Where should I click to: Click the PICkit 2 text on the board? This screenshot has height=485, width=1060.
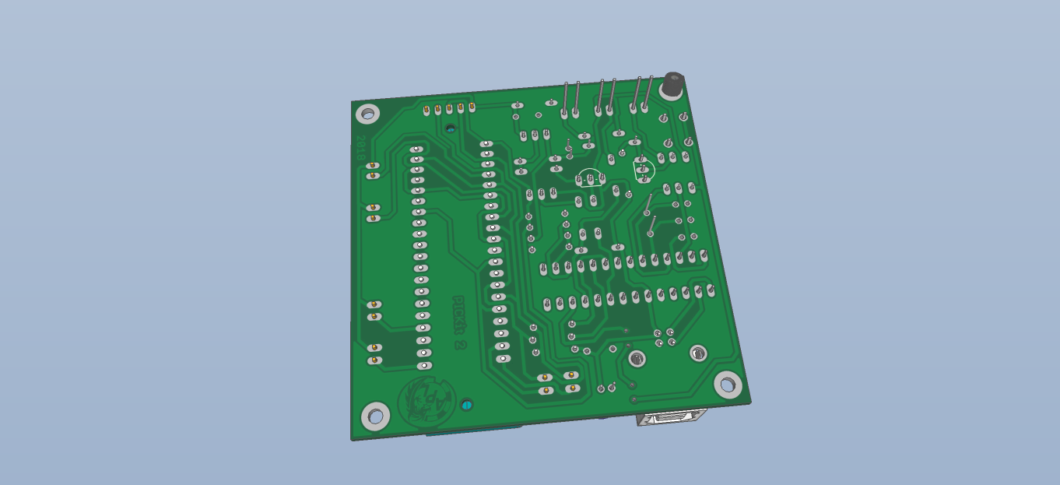coord(458,321)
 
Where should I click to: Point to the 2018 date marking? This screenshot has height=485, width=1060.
coord(360,148)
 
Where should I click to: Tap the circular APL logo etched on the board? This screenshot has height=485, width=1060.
coord(425,402)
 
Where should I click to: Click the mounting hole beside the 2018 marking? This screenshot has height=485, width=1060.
coord(367,114)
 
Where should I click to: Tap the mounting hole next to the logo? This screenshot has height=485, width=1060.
coord(376,415)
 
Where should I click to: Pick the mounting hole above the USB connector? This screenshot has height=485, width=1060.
coord(728,383)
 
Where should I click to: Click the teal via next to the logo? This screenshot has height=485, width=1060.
coord(466,405)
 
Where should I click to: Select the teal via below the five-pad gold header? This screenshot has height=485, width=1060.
coord(451,128)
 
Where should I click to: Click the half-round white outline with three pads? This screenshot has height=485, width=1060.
coord(590,179)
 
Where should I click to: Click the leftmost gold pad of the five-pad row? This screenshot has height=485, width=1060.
coord(426,111)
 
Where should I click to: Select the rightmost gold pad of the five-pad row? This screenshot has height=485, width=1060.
coord(472,107)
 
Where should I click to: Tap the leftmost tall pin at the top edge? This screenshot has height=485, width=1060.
coord(565,98)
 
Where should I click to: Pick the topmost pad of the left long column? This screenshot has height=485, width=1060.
coord(416,149)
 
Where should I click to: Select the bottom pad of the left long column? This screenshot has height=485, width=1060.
coord(424,365)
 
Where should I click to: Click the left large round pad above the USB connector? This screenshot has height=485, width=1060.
coord(637,358)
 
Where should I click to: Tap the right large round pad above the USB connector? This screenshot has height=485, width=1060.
coord(698,353)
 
